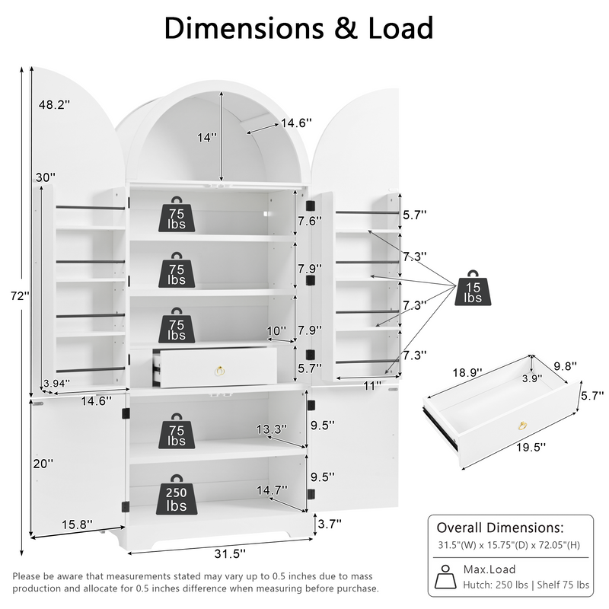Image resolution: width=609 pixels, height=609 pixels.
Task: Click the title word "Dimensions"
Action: pos(242,28)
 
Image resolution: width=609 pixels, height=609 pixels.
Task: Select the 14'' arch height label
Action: pos(206,138)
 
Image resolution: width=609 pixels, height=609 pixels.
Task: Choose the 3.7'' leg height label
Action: pos(330,523)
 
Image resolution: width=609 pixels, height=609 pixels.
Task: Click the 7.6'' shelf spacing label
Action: pos(308,221)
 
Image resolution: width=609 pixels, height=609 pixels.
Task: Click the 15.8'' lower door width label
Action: pos(77,524)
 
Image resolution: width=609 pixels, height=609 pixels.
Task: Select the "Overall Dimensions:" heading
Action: pos(499,528)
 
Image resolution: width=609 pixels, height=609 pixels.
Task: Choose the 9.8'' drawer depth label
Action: pos(563,366)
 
